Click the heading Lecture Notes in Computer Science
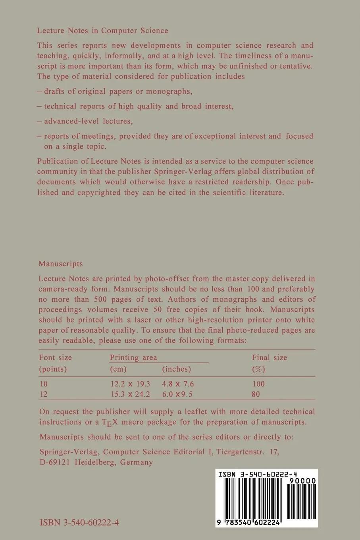[102, 31]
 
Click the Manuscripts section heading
[61, 264]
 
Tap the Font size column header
[55, 357]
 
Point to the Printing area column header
[133, 357]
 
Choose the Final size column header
[269, 357]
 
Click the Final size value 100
[258, 384]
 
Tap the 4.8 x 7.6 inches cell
[178, 384]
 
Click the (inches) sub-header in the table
[177, 369]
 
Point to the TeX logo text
[110, 422]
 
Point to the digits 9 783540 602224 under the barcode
[249, 523]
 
